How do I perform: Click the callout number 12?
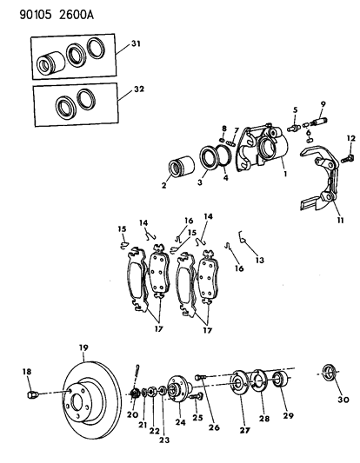(x=351, y=138)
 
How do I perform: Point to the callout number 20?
(x=130, y=415)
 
